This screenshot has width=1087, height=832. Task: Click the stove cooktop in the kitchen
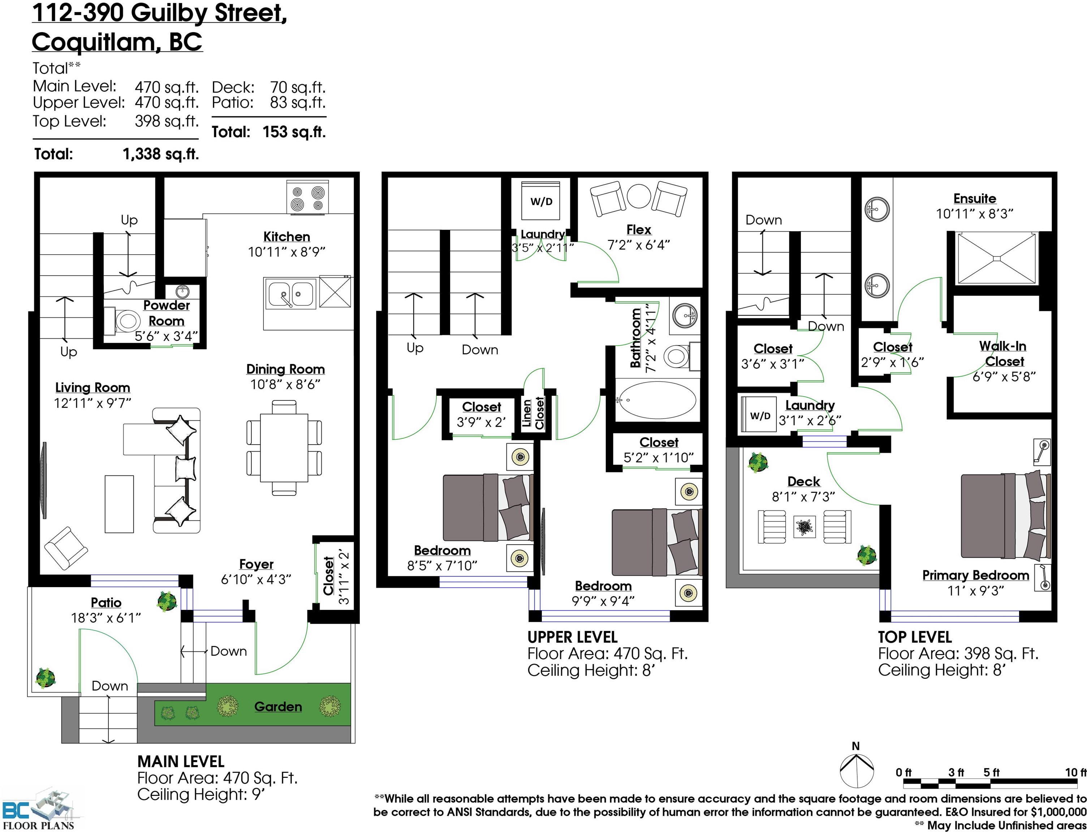(307, 198)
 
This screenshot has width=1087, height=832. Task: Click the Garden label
(278, 707)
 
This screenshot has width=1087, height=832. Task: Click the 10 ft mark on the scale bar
(1075, 772)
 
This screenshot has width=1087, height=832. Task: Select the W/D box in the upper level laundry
(541, 201)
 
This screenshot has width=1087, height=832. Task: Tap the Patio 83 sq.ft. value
(297, 103)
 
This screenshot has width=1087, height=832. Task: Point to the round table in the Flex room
(639, 196)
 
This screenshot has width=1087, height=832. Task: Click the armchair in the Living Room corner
(66, 548)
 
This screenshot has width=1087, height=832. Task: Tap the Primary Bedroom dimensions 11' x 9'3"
(975, 591)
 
